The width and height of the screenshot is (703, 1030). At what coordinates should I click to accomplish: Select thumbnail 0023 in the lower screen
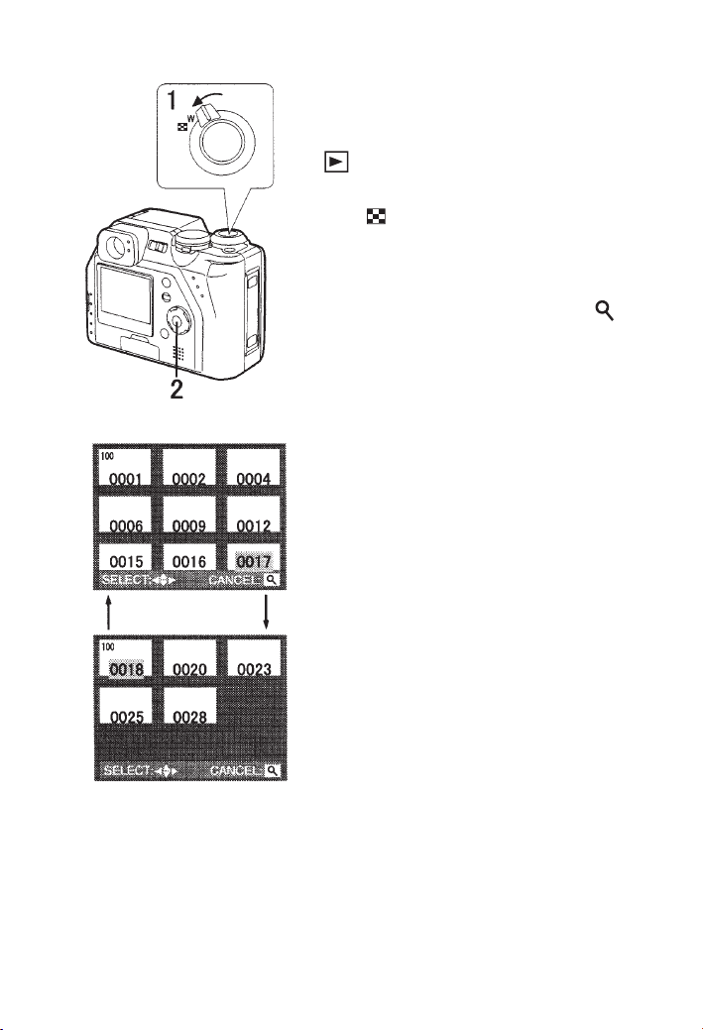click(x=253, y=663)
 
